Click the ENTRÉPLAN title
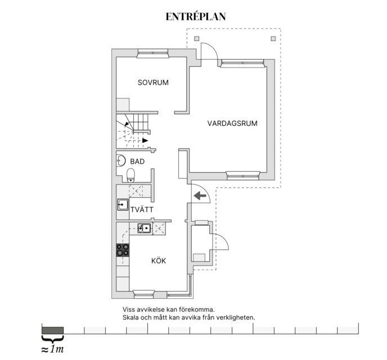tap(196, 17)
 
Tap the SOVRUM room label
tap(153, 83)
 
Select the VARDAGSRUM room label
tap(232, 123)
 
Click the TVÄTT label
tap(142, 209)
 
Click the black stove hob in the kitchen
tap(123, 250)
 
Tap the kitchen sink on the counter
tap(143, 228)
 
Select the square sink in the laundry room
tap(123, 204)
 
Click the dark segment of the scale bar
tap(52, 330)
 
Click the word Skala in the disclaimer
tap(132, 317)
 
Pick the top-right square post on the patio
tap(273, 39)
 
